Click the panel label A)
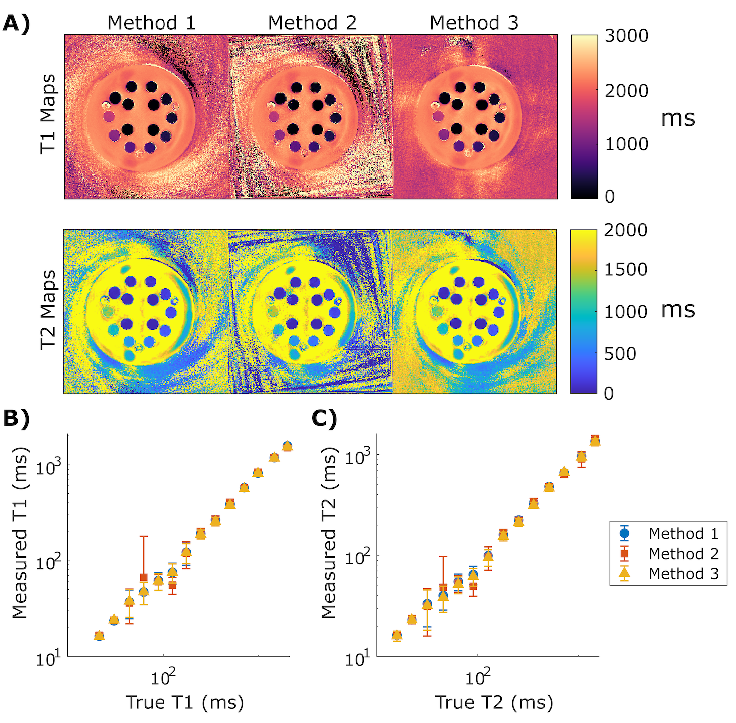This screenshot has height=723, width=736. (x=16, y=23)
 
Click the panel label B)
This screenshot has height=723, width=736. (x=16, y=418)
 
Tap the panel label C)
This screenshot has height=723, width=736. (x=325, y=418)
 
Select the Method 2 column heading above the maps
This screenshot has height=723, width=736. (x=312, y=23)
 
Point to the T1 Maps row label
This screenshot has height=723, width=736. (x=48, y=114)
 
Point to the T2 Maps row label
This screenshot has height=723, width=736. (x=48, y=310)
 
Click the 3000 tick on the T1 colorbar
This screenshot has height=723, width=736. (x=626, y=36)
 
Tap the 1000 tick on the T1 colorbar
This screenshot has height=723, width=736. (x=626, y=144)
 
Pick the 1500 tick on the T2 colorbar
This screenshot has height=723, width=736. (x=625, y=270)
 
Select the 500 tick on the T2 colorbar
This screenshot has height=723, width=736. (x=620, y=354)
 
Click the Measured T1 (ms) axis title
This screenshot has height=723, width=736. (x=20, y=533)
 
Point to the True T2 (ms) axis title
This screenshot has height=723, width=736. (x=494, y=702)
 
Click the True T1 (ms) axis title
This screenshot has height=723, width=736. (x=184, y=702)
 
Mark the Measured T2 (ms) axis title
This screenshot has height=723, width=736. (x=329, y=533)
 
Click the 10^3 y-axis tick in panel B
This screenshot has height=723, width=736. (x=48, y=466)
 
